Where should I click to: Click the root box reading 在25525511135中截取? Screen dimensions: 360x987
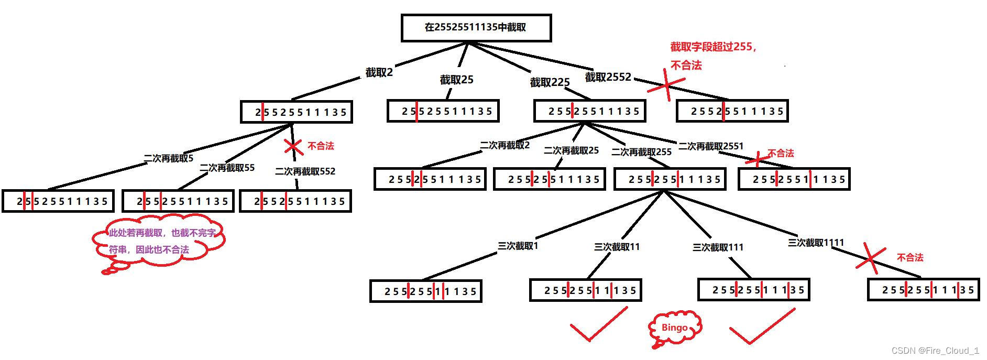[476, 27]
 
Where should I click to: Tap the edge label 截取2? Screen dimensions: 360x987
[379, 73]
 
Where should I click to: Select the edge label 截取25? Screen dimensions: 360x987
[456, 80]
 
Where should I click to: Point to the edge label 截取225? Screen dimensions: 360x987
[550, 82]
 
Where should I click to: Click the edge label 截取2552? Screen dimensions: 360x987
[608, 77]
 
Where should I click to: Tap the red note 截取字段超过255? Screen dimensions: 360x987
[714, 47]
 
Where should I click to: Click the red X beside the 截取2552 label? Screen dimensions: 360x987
[666, 85]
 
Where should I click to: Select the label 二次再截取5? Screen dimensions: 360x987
[169, 158]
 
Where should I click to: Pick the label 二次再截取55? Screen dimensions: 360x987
[227, 168]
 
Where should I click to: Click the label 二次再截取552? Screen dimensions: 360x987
[305, 171]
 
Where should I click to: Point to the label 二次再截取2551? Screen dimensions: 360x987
[711, 146]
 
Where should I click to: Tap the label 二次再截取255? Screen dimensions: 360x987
[641, 152]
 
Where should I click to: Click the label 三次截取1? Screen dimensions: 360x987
[518, 246]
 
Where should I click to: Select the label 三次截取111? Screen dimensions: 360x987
[718, 247]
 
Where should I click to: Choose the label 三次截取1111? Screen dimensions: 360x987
[816, 243]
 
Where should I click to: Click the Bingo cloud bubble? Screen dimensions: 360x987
[675, 328]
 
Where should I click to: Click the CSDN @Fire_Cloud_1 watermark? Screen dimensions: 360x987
[935, 351]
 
